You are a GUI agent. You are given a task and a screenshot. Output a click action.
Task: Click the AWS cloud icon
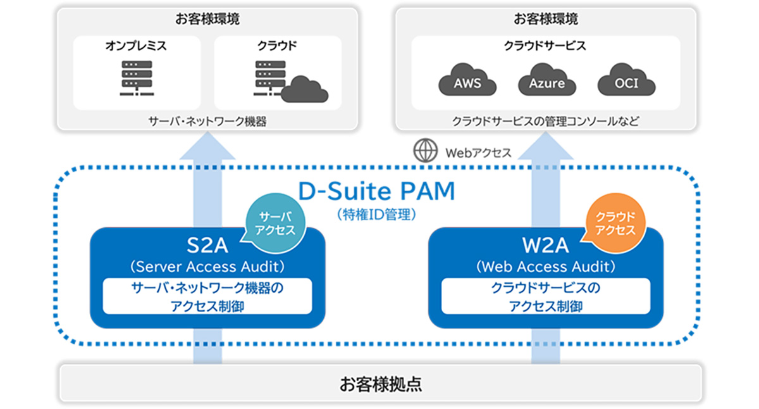(x=467, y=81)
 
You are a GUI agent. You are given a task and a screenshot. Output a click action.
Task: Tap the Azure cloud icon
(x=546, y=81)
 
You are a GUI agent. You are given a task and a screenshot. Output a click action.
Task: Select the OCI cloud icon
(x=626, y=81)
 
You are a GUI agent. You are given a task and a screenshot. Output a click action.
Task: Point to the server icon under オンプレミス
(x=136, y=78)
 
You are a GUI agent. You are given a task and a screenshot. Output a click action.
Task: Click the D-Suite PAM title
(x=376, y=191)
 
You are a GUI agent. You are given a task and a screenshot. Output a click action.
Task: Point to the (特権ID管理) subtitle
(x=376, y=215)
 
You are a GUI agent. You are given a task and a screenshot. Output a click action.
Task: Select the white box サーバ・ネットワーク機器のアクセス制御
(x=207, y=296)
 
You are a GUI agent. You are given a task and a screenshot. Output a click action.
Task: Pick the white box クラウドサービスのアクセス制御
(x=546, y=296)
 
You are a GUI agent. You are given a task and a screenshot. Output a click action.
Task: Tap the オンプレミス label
(x=136, y=46)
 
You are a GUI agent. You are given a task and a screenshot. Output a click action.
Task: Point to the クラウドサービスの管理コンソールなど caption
(x=545, y=120)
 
